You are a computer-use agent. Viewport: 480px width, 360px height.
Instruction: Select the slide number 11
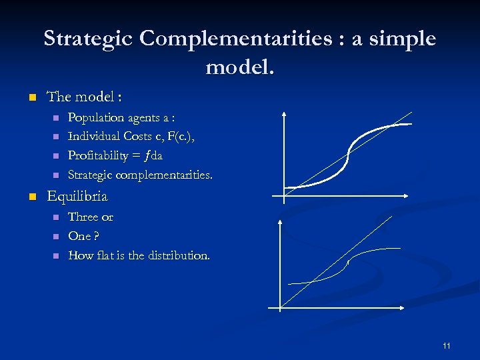pos(446,346)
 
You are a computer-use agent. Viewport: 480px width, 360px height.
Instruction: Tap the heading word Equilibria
pos(77,197)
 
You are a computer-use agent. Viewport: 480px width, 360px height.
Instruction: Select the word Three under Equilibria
pos(83,217)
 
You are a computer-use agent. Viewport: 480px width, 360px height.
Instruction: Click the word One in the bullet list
pos(79,237)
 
